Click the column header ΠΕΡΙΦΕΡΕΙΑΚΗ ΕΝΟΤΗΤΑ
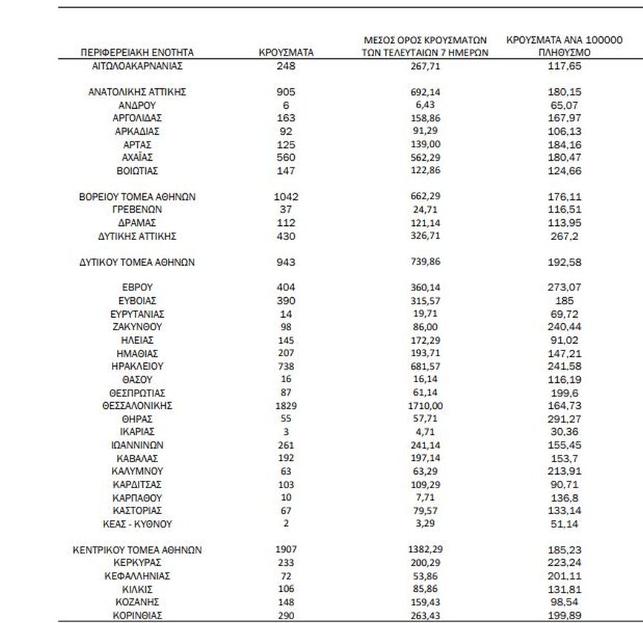click(x=137, y=53)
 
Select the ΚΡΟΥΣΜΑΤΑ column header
click(x=285, y=53)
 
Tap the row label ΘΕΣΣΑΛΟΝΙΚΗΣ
click(x=137, y=406)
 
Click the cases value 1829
click(x=285, y=406)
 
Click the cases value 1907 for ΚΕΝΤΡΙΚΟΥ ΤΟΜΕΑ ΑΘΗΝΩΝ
click(x=285, y=550)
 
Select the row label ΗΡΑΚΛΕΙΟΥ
click(x=137, y=367)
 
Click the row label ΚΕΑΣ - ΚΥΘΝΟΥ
click(x=137, y=524)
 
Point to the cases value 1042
click(x=285, y=197)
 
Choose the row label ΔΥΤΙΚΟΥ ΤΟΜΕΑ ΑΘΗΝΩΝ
click(x=137, y=262)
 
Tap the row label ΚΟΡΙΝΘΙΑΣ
click(x=137, y=615)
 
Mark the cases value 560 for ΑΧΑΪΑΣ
click(x=285, y=158)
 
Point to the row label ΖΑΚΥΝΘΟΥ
click(x=137, y=327)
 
